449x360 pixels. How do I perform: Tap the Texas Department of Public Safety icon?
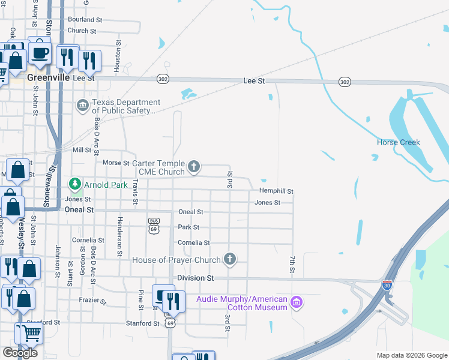[x=82, y=106]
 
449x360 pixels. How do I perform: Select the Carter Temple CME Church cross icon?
[x=193, y=166]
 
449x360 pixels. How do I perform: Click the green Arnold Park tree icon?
[x=75, y=183]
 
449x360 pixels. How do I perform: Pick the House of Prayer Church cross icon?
[x=229, y=259]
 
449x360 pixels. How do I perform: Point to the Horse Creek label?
[x=398, y=142]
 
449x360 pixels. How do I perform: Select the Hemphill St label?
[x=276, y=191]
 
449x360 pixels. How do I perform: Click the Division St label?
[x=196, y=278]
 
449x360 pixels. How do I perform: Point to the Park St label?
[x=188, y=227]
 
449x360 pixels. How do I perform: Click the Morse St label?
[x=116, y=163]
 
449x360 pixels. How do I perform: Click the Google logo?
[x=20, y=353]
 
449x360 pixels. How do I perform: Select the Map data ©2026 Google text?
[x=412, y=355]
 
